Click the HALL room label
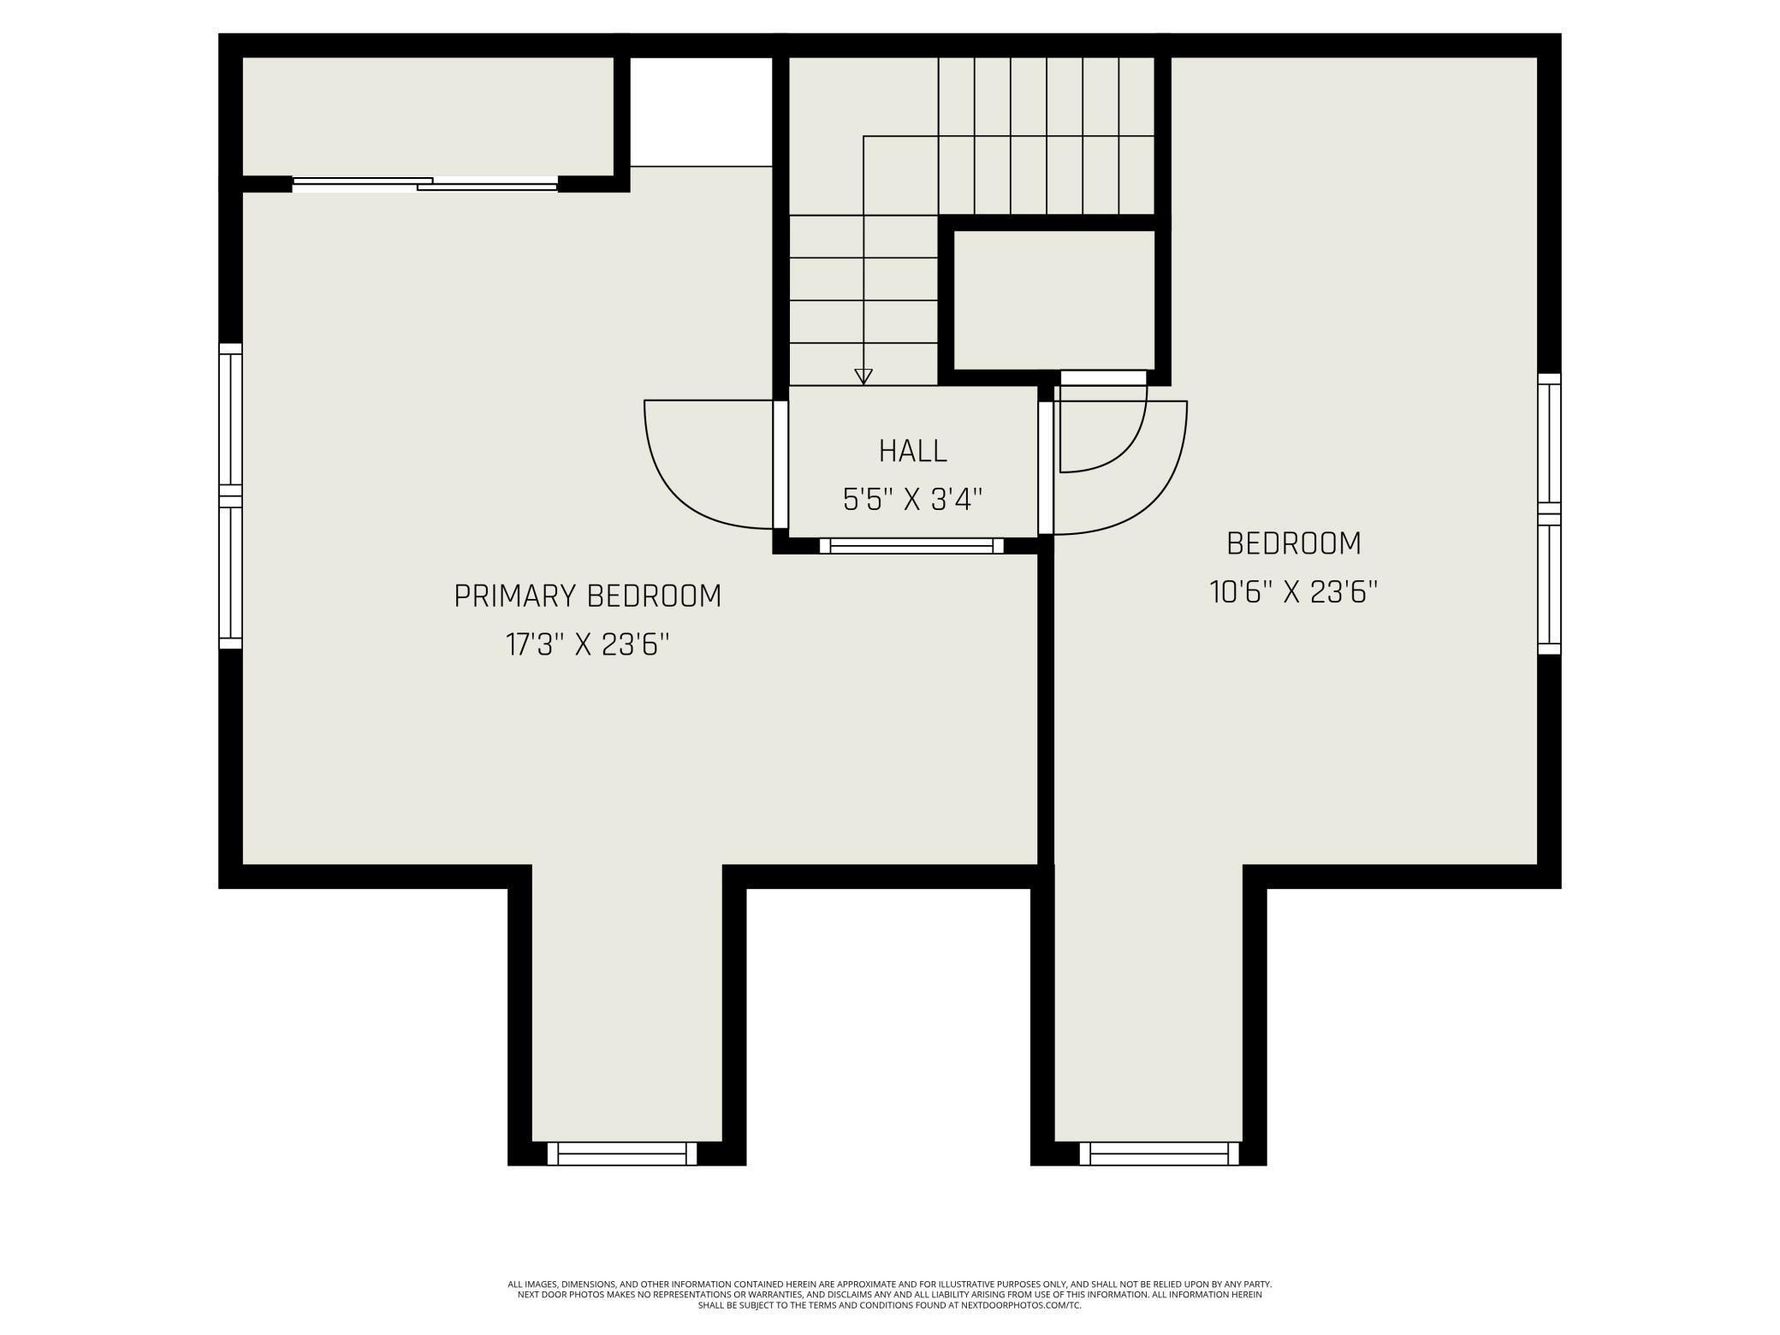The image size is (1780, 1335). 912,451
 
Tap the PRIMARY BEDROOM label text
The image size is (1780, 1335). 588,596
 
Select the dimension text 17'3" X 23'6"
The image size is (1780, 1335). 587,644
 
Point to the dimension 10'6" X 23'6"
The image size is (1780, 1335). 1293,592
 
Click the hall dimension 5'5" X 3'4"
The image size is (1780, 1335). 912,499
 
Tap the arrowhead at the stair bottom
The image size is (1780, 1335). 863,377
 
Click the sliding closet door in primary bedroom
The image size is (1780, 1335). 425,183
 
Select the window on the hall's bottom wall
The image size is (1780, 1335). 911,545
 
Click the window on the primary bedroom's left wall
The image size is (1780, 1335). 230,496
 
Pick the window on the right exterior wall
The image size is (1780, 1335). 1549,513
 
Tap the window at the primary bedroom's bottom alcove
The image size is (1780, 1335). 622,1154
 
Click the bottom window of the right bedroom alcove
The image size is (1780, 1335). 1159,1154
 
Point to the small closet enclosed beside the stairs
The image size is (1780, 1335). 1053,300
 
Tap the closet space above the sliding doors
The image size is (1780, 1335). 428,116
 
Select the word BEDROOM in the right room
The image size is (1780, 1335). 1293,544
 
